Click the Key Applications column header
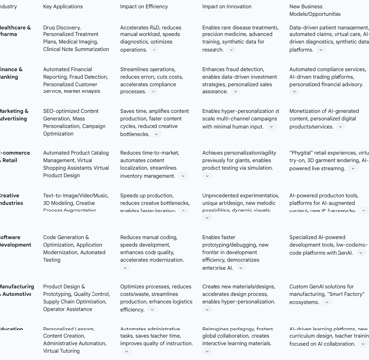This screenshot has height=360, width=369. (x=62, y=6)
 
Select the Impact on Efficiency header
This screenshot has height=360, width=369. (x=144, y=6)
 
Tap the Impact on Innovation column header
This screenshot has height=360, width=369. (x=227, y=6)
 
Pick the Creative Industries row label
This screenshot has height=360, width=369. (x=11, y=201)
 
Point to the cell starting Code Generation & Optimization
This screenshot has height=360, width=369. (x=75, y=247)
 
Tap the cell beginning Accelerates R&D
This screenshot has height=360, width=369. (x=153, y=37)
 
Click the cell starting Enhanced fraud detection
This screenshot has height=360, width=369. (x=235, y=80)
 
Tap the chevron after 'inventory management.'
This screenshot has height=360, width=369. (x=182, y=176)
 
